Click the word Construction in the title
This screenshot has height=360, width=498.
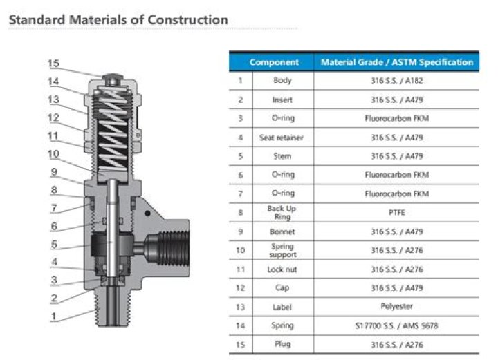point(187,19)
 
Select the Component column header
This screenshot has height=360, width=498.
point(274,62)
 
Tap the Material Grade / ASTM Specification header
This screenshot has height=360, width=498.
point(397,62)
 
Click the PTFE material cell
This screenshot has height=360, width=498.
point(397,213)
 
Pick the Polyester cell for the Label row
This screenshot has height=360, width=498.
point(397,306)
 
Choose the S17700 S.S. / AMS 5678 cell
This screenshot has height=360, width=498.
point(397,325)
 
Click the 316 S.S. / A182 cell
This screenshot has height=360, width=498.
point(397,81)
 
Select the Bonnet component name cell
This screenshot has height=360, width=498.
point(282,231)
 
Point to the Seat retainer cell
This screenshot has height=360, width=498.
point(282,138)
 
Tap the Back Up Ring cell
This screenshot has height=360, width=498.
point(282,213)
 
